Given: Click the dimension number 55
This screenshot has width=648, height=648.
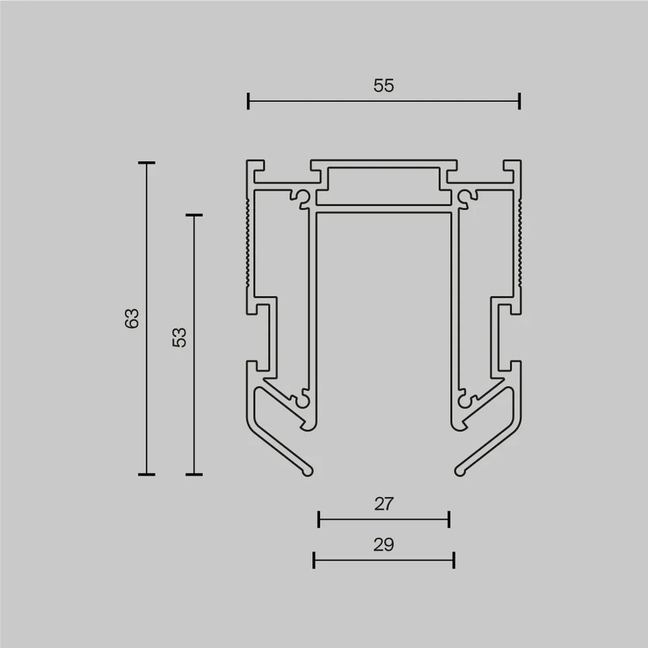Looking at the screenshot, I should click(x=384, y=86).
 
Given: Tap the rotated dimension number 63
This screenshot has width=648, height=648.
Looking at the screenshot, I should click(x=132, y=318).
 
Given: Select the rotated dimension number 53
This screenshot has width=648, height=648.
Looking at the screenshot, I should click(x=180, y=337).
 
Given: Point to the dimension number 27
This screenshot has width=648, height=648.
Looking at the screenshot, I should click(x=384, y=504).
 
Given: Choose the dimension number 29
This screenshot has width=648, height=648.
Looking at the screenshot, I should click(x=384, y=545).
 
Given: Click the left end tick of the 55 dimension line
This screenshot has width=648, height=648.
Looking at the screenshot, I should click(x=248, y=101).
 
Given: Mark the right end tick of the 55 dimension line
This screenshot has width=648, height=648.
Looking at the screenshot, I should click(x=520, y=101).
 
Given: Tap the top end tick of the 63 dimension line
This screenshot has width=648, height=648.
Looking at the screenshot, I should click(x=147, y=163).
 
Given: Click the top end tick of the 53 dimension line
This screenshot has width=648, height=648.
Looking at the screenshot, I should click(x=194, y=215).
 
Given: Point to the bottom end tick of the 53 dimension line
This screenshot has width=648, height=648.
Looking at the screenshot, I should click(x=194, y=474).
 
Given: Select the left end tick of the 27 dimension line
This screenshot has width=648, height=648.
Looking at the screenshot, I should click(x=319, y=520).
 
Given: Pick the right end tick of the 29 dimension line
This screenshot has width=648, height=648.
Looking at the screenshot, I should click(x=454, y=560).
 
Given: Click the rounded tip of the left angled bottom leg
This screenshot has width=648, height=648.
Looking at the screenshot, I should click(x=308, y=471).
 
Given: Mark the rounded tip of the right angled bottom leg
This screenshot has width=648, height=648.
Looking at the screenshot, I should click(x=459, y=471).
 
